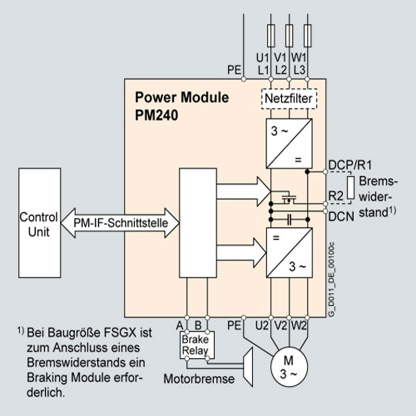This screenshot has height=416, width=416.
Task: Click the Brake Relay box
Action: pyautogui.click(x=194, y=345)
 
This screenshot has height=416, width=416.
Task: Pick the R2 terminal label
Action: pyautogui.click(x=335, y=196)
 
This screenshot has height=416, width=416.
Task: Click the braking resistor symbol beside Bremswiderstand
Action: pyautogui.click(x=351, y=188)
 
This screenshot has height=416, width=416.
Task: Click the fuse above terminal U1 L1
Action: pyautogui.click(x=270, y=34)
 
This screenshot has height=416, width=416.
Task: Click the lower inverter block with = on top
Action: pyautogui.click(x=289, y=253)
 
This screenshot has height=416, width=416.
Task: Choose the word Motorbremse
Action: pyautogui.click(x=199, y=379)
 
